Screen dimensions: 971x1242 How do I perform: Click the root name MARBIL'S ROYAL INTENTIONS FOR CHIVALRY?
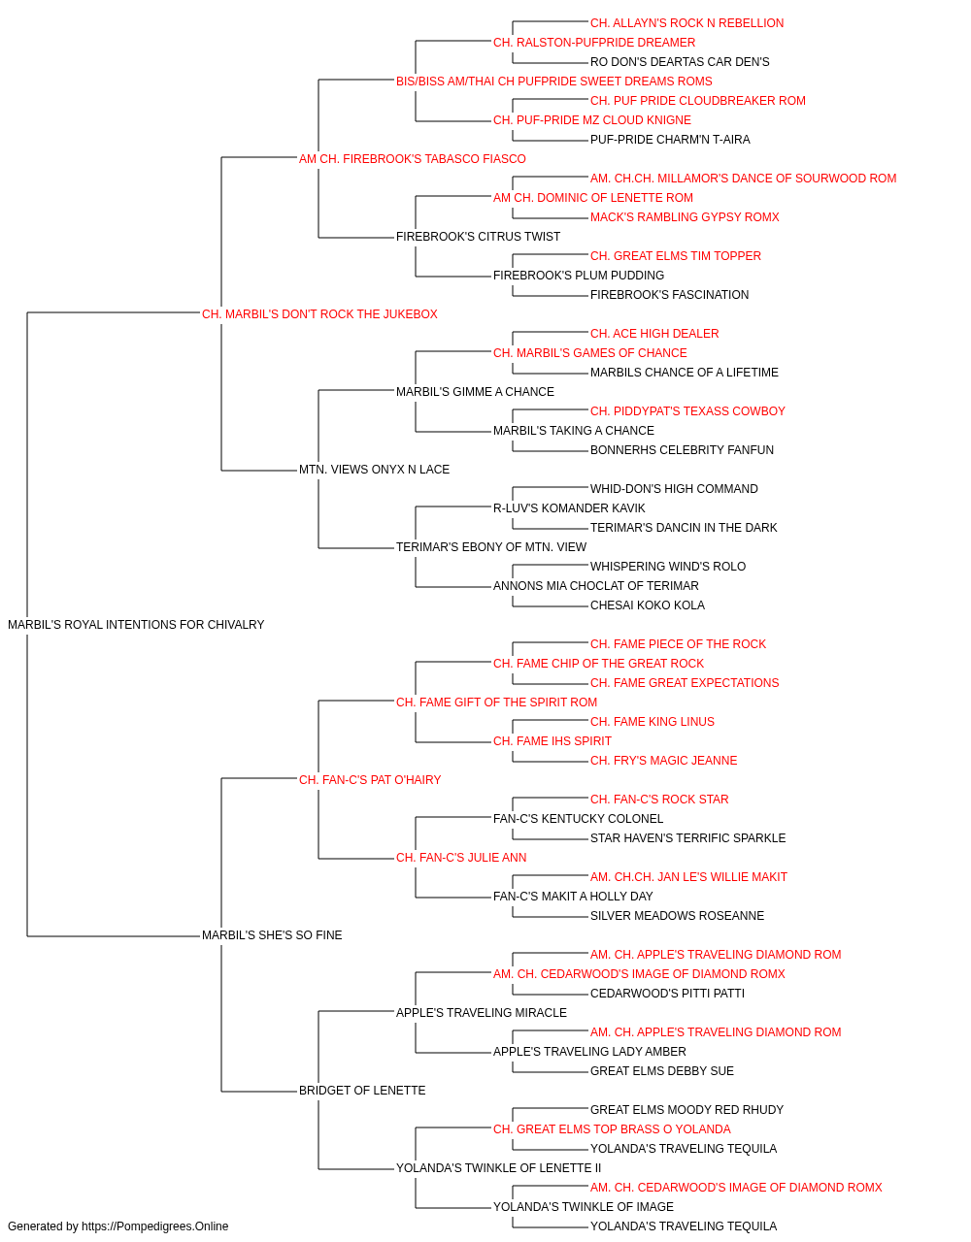[136, 625]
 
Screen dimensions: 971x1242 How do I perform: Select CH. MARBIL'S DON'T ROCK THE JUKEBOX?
[319, 314]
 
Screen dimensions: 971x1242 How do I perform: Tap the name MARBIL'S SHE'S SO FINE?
[272, 935]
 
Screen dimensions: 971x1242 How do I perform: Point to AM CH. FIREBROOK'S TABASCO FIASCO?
[413, 159]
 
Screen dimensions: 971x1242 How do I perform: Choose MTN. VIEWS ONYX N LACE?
[375, 470]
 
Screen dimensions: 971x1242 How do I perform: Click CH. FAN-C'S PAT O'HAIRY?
[370, 780]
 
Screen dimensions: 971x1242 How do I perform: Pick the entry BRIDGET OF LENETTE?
[362, 1091]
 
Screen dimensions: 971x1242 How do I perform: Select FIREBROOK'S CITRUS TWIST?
[478, 237]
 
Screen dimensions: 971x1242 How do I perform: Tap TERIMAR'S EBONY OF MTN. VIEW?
[491, 547]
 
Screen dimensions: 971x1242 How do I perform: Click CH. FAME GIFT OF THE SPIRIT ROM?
[497, 703]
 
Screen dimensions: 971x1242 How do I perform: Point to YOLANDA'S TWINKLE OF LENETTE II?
[499, 1168]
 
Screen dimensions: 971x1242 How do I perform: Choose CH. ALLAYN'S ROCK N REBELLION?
[686, 23]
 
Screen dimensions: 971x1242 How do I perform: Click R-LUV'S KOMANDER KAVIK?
[569, 508]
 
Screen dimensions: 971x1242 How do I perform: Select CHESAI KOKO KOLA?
[648, 605]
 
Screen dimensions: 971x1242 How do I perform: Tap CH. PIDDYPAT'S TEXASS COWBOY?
[687, 411]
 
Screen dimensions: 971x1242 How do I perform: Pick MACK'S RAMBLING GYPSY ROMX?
[686, 217]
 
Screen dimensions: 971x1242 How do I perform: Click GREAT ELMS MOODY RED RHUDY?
[686, 1110]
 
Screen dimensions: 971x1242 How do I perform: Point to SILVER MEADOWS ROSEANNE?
[677, 916]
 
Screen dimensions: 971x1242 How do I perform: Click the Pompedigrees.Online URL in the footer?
[155, 1226]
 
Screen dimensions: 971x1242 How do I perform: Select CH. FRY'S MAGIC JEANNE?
[664, 761]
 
